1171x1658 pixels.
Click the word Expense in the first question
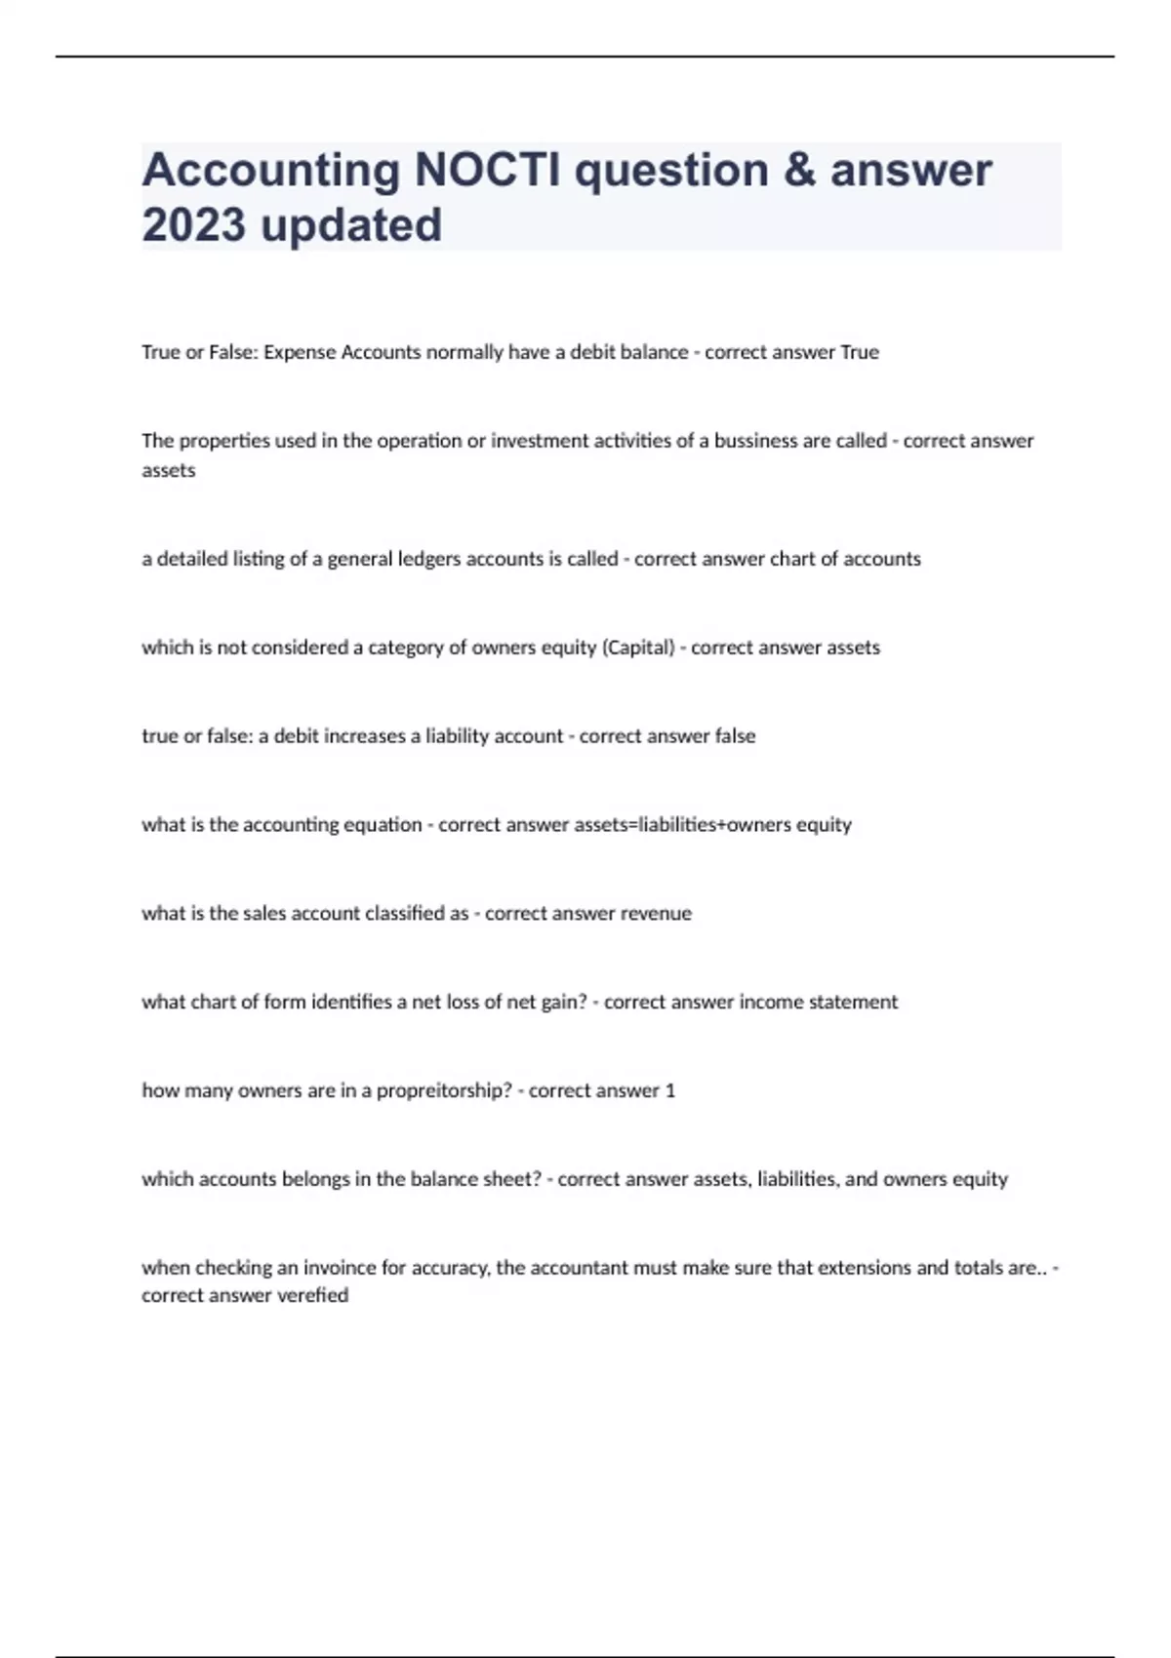pyautogui.click(x=300, y=352)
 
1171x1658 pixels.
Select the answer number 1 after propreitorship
pyautogui.click(x=669, y=1090)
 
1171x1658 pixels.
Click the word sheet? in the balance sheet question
pyautogui.click(x=512, y=1179)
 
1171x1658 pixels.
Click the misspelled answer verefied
pyautogui.click(x=312, y=1295)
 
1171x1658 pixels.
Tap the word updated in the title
pyautogui.click(x=350, y=225)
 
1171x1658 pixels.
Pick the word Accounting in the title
pyautogui.click(x=271, y=171)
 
